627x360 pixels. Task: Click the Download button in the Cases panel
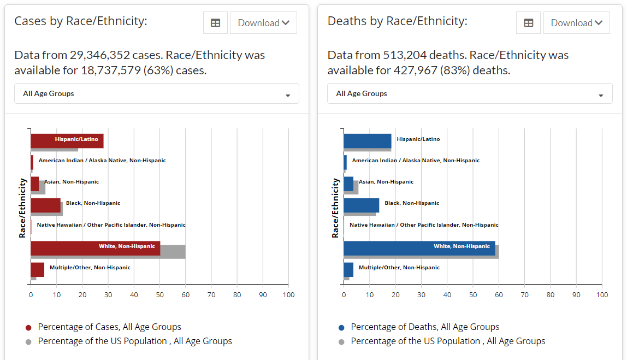click(263, 23)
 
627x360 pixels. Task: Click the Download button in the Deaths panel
click(576, 23)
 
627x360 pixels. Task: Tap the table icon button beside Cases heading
click(215, 23)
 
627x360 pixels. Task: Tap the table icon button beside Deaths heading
click(528, 23)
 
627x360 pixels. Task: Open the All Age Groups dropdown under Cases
click(156, 93)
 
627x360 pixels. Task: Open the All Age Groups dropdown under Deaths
click(469, 93)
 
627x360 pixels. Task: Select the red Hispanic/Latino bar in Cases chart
click(67, 140)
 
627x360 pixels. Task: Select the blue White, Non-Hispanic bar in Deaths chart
click(419, 248)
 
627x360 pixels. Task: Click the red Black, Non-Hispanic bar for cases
click(45, 205)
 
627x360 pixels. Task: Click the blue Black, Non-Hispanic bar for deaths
click(361, 205)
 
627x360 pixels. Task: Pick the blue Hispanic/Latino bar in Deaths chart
click(367, 141)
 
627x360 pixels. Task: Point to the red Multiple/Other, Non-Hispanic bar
click(37, 269)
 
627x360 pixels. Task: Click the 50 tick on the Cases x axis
click(159, 295)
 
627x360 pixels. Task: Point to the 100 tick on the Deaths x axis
click(601, 295)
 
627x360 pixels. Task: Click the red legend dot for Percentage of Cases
click(28, 328)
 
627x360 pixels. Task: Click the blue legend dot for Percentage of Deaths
click(341, 328)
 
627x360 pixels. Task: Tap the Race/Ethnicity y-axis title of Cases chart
click(22, 207)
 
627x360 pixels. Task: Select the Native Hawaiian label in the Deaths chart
click(424, 225)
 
